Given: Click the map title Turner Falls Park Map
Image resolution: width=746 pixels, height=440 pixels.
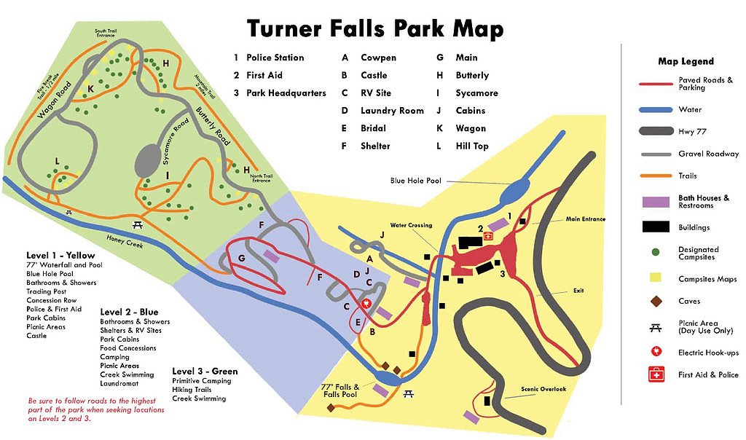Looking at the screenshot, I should [374, 28].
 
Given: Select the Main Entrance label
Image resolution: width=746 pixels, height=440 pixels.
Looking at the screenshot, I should [586, 219].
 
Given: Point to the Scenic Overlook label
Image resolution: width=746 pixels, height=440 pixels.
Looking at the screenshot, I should [543, 389].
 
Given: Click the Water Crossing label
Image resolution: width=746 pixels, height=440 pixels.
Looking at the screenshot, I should [412, 226].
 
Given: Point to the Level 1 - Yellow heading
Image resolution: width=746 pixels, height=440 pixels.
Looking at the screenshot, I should [60, 255].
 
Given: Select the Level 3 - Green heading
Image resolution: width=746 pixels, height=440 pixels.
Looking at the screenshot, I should [205, 372].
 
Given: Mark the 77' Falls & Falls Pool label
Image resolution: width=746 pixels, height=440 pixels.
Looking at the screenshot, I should [341, 390].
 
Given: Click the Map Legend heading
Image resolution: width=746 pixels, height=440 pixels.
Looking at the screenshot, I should [686, 62].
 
